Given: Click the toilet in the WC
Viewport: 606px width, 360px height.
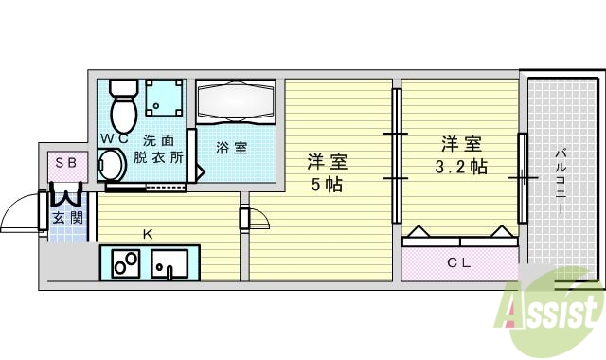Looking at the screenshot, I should (122, 106).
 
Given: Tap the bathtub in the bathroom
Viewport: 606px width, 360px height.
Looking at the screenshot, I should (236, 102).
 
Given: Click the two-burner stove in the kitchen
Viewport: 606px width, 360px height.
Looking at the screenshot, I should (126, 263).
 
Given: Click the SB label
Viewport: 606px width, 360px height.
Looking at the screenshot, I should (66, 163).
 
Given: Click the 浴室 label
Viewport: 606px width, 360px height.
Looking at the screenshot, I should (231, 148).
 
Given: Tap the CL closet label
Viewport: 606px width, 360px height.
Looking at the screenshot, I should (459, 261).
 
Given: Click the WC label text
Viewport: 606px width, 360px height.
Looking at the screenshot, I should (115, 139).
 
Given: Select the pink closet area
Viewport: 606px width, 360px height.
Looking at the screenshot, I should (459, 262).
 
